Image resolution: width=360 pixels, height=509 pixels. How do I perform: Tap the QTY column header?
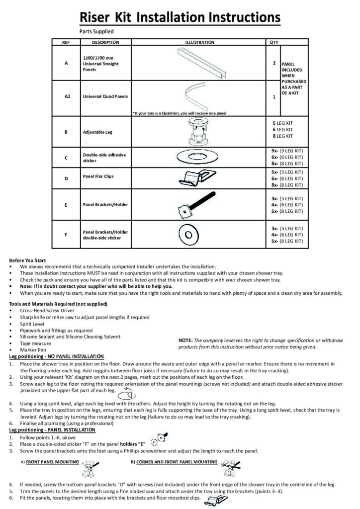(273, 43)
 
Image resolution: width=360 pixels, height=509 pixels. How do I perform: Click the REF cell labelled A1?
(67, 97)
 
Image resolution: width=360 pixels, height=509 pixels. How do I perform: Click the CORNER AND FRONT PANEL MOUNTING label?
(177, 462)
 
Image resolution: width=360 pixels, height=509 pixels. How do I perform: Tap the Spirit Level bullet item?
(32, 324)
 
